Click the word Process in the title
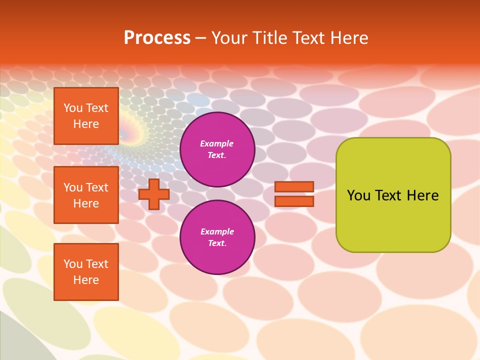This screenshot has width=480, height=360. pyautogui.click(x=157, y=38)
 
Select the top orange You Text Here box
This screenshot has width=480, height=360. pyautogui.click(x=86, y=116)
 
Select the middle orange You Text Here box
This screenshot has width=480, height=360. pyautogui.click(x=86, y=195)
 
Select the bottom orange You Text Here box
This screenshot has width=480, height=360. pyautogui.click(x=86, y=272)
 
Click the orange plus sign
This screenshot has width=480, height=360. pyautogui.click(x=154, y=194)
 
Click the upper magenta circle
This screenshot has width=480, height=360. pyautogui.click(x=217, y=149)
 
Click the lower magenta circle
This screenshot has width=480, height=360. pyautogui.click(x=217, y=237)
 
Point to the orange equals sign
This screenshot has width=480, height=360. pyautogui.click(x=294, y=194)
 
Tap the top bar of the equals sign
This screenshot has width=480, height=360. pyautogui.click(x=294, y=187)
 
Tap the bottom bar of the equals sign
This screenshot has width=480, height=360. pyautogui.click(x=294, y=201)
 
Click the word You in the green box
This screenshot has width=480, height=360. pyautogui.click(x=358, y=195)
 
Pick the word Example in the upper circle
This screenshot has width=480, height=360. pyautogui.click(x=217, y=143)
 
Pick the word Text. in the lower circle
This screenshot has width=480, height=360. pyautogui.click(x=217, y=243)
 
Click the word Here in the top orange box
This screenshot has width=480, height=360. pyautogui.click(x=86, y=124)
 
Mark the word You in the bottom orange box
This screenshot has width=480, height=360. pyautogui.click(x=72, y=264)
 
